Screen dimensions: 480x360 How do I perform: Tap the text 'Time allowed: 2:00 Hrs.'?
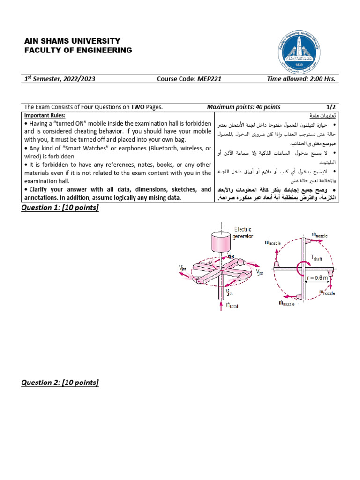pyautogui.click(x=301, y=79)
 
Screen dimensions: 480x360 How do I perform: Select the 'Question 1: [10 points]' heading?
pyautogui.click(x=60, y=208)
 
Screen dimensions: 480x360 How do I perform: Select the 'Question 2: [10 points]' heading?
pyautogui.click(x=60, y=383)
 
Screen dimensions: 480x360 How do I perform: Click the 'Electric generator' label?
pyautogui.click(x=243, y=232)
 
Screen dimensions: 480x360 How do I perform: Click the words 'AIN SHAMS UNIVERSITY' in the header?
pyautogui.click(x=72, y=41)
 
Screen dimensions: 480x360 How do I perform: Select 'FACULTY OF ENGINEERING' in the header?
pyautogui.click(x=78, y=51)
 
